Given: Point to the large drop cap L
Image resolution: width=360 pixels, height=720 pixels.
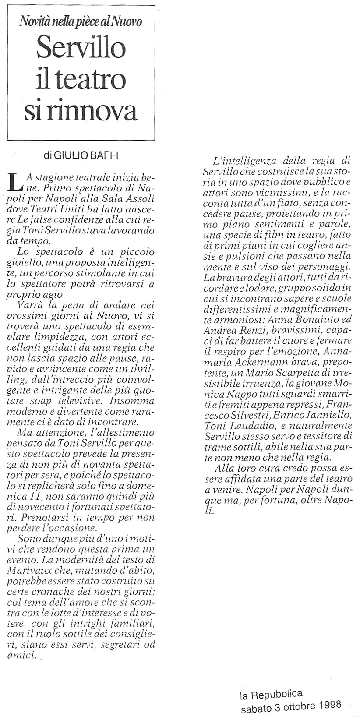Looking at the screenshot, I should (15, 181).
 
